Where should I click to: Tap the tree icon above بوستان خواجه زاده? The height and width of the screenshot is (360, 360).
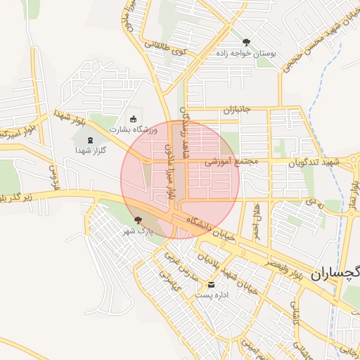coord(246,42)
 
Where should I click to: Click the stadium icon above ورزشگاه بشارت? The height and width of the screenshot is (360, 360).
coord(134,118)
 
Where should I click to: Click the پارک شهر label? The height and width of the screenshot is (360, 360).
coord(139,231)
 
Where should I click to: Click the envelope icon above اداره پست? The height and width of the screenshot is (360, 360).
coord(212,285)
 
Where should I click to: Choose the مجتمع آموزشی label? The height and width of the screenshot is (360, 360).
coord(232,161)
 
